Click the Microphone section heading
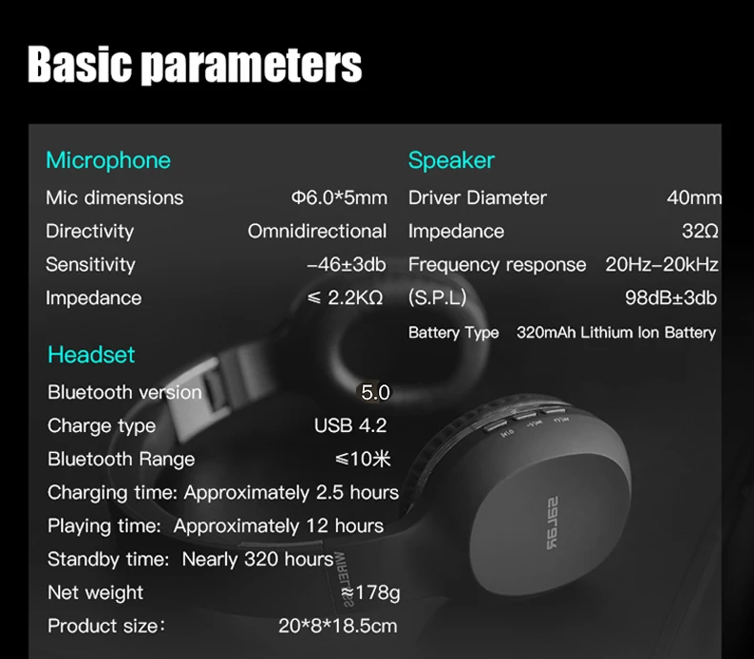[108, 160]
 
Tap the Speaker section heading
[451, 160]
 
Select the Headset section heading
[92, 355]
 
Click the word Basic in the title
[79, 64]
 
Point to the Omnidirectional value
[317, 231]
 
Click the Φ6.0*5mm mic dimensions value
[339, 197]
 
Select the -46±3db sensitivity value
[346, 265]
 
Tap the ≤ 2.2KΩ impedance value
[346, 298]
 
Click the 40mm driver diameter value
[694, 197]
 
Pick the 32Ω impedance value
[701, 231]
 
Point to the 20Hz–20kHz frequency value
[661, 265]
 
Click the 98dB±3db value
[671, 298]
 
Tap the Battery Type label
[453, 333]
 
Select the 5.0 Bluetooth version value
[375, 392]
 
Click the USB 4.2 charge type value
[350, 425]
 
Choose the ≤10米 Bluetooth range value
[363, 459]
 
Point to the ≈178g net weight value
[369, 592]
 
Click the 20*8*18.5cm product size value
[338, 626]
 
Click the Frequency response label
[497, 265]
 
